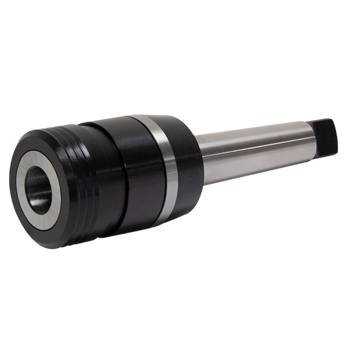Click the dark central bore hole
tap(37, 180)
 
